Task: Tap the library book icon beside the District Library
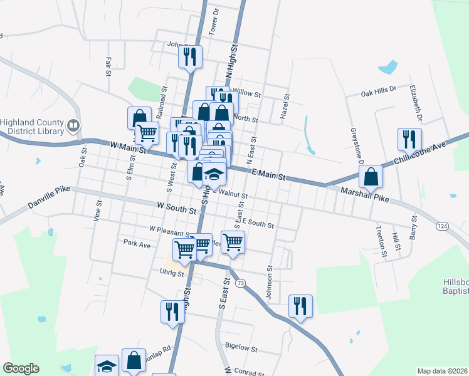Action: [x=73, y=127]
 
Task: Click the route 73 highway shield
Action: [x=240, y=283]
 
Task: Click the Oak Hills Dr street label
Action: [x=379, y=90]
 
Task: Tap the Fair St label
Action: [x=108, y=66]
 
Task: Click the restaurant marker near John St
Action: [x=190, y=56]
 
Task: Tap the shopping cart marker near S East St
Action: [x=233, y=241]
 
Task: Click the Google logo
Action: [x=21, y=368]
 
